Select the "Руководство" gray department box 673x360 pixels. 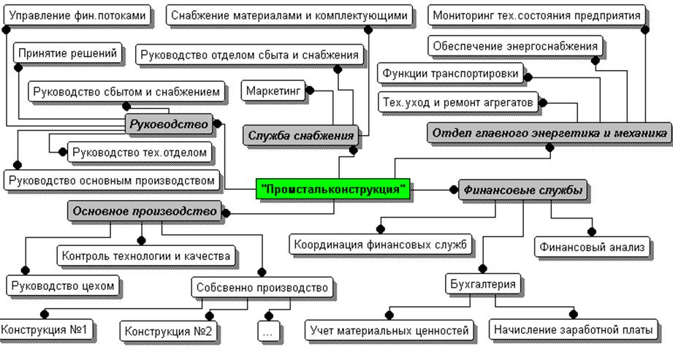pos(170,124)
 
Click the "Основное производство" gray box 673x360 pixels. pos(145,212)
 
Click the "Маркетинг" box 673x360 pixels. pos(274,91)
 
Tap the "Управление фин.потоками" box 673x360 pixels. pos(77,15)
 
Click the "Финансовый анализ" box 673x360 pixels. pos(593,248)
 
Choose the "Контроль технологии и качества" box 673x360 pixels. pos(146,256)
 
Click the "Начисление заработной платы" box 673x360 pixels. pos(572,330)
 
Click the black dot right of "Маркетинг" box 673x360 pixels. pos(308,91)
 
